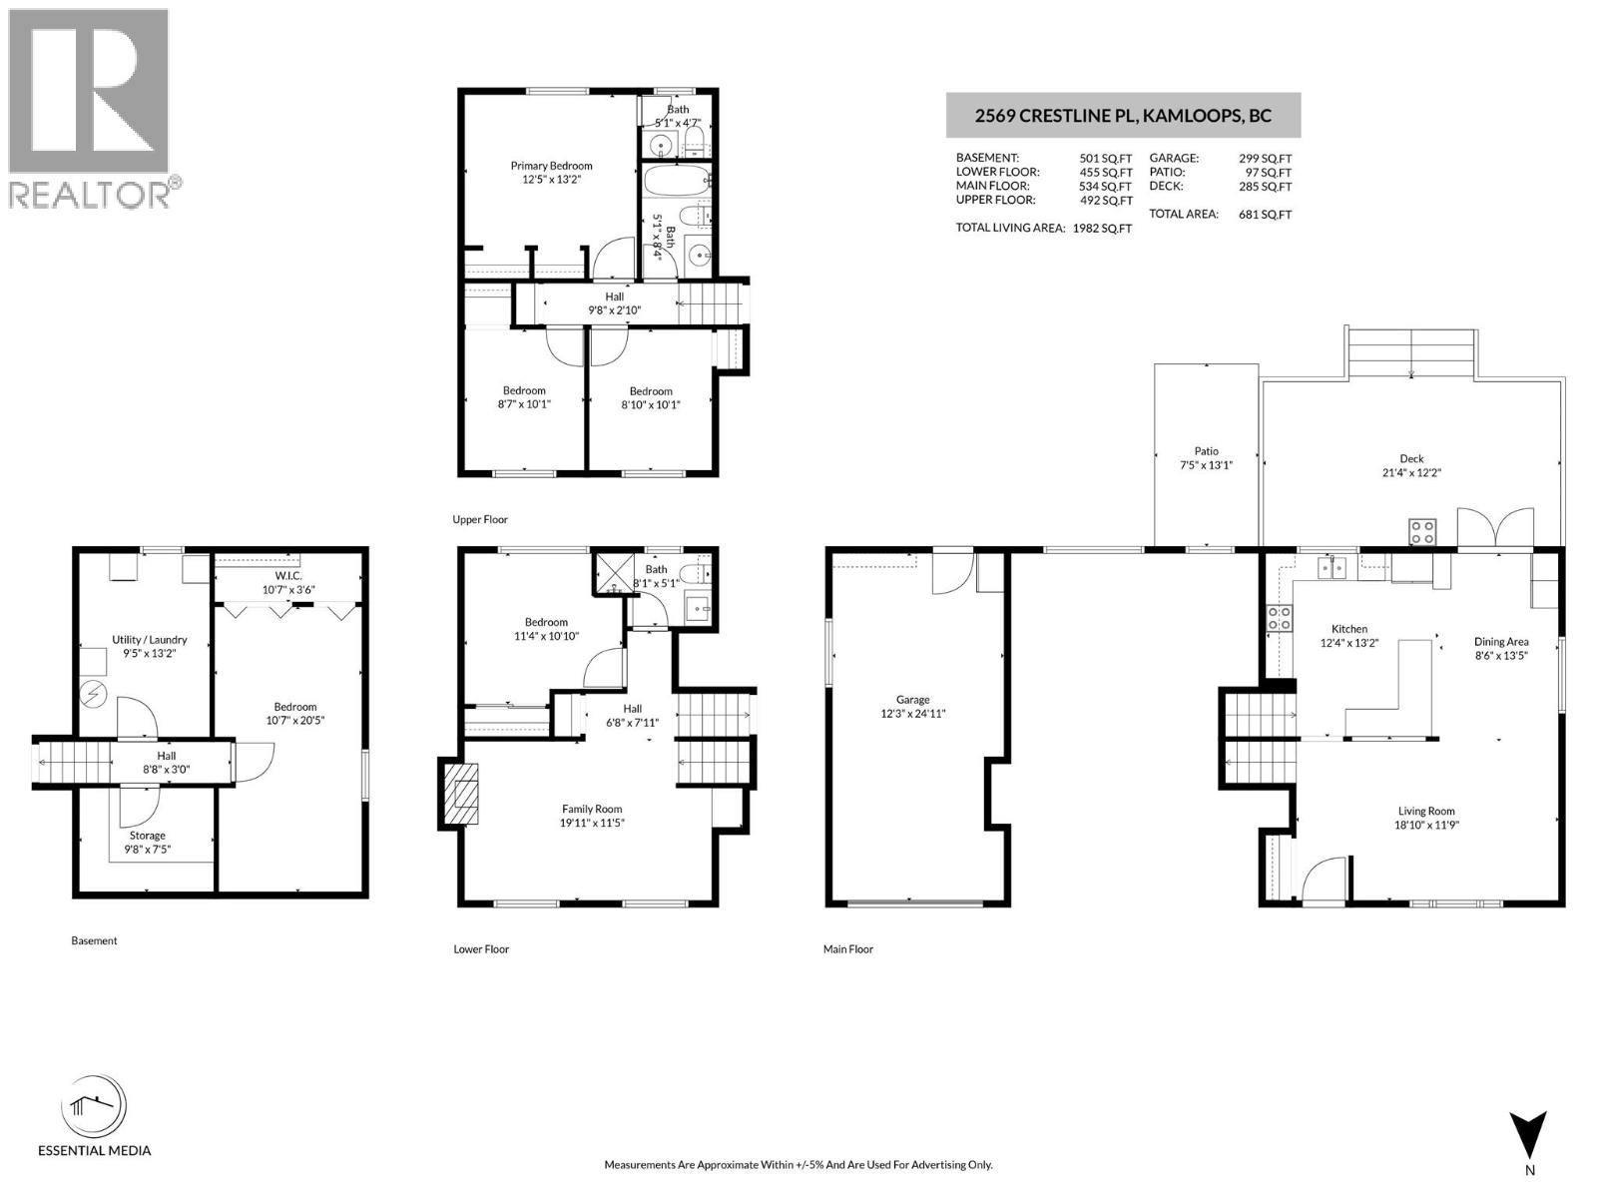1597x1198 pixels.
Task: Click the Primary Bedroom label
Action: click(551, 166)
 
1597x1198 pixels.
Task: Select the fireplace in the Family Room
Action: click(461, 795)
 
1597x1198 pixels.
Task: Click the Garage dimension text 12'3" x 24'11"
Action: click(912, 714)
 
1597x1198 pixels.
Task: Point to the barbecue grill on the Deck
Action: click(1421, 532)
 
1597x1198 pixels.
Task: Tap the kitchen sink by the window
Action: click(1331, 568)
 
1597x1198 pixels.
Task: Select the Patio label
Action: click(1206, 451)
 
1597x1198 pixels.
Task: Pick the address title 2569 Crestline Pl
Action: click(1123, 116)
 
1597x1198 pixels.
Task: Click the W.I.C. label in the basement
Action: click(288, 576)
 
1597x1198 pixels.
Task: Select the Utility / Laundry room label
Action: click(149, 640)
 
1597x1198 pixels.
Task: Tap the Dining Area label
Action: click(1501, 642)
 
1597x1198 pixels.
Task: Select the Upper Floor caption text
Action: click(480, 520)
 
